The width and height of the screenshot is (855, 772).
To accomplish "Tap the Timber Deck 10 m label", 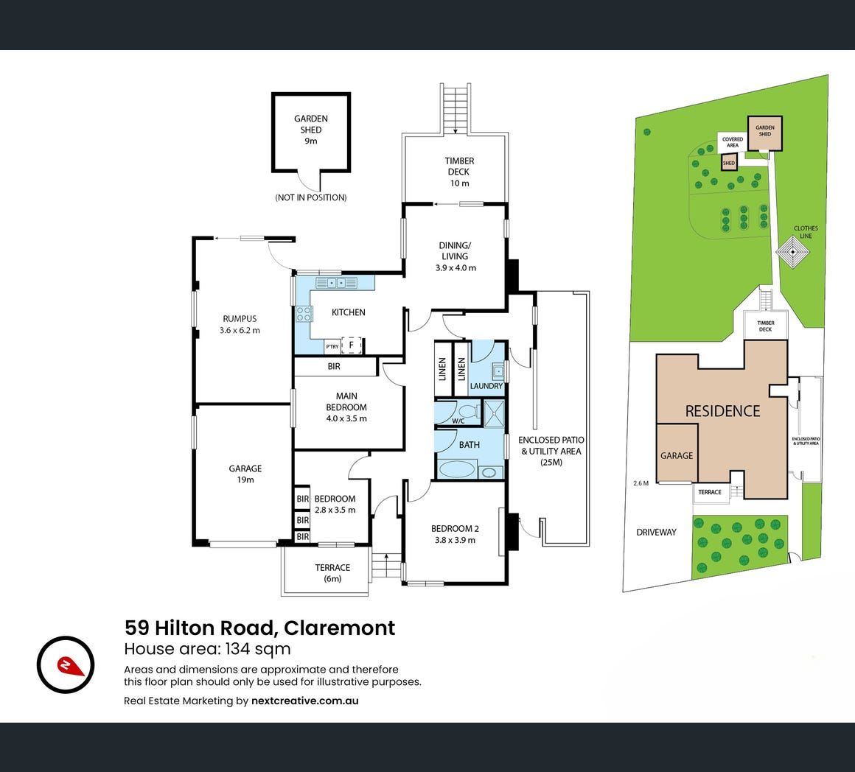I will tap(459, 172).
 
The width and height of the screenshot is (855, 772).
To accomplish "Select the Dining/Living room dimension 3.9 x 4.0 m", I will tap(456, 267).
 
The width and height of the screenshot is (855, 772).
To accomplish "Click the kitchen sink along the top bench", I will tap(337, 282).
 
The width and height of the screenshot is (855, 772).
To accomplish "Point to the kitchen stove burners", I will tap(304, 314).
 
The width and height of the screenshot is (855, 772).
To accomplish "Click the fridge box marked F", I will tap(352, 345).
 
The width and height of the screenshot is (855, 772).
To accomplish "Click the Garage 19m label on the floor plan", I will tap(245, 474).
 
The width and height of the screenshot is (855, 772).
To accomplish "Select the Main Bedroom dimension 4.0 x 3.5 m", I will tap(346, 418).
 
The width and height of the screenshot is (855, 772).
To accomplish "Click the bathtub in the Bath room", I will tap(456, 469).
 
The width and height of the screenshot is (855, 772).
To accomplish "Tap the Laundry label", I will tap(486, 386).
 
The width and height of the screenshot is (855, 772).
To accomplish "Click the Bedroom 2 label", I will tap(455, 528).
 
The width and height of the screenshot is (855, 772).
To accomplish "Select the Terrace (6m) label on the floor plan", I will tap(332, 572).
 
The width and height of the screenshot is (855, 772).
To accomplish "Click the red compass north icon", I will tap(66, 664).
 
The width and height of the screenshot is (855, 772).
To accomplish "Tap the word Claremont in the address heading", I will tap(339, 628).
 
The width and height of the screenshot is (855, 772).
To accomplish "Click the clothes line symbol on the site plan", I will tap(792, 253).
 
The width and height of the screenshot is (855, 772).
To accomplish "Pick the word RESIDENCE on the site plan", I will tap(722, 411).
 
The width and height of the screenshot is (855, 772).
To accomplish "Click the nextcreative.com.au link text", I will tap(305, 701).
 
